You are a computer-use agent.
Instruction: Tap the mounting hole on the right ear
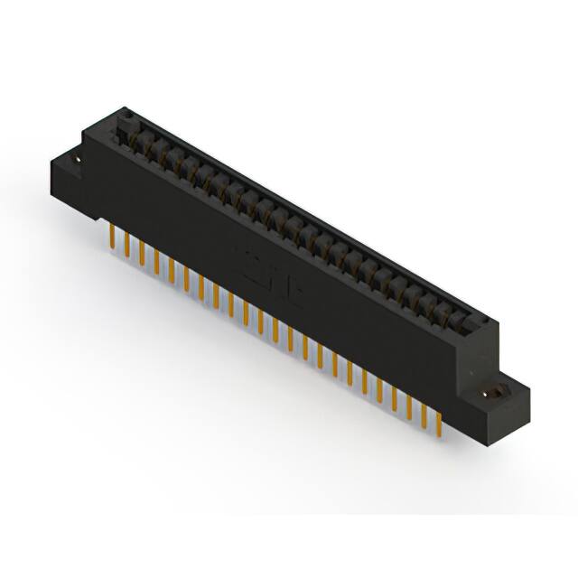[495, 394]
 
